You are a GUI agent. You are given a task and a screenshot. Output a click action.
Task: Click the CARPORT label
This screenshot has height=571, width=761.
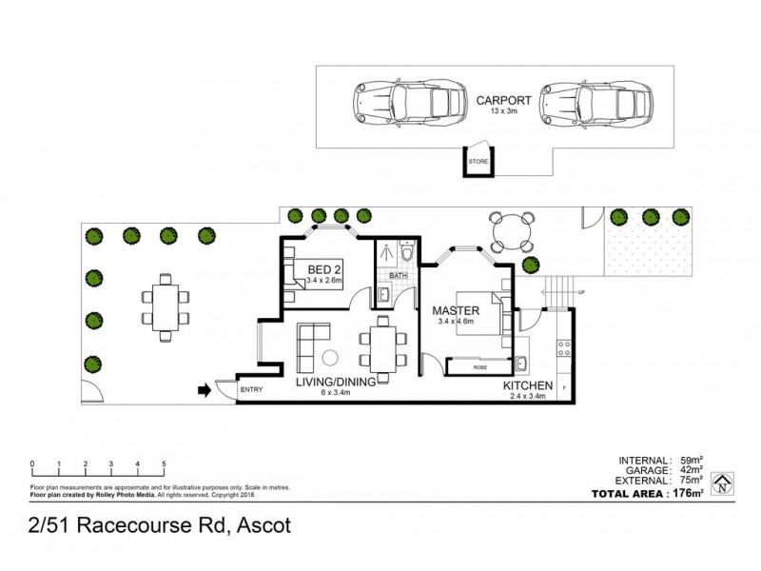pyautogui.click(x=498, y=98)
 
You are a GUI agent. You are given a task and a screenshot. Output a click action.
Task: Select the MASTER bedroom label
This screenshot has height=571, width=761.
pyautogui.click(x=455, y=310)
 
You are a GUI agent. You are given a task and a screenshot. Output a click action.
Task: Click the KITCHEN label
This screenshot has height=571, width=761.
pyautogui.click(x=529, y=385)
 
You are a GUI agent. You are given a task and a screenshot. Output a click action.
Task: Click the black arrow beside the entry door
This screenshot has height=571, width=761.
pyautogui.click(x=203, y=389)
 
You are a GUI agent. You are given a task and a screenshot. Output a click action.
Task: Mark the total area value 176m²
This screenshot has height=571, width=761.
pyautogui.click(x=688, y=492)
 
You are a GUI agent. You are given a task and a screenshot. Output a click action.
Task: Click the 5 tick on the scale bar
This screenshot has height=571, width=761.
pyautogui.click(x=165, y=464)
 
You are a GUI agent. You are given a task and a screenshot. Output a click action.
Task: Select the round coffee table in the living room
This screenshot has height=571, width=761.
pyautogui.click(x=330, y=359)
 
